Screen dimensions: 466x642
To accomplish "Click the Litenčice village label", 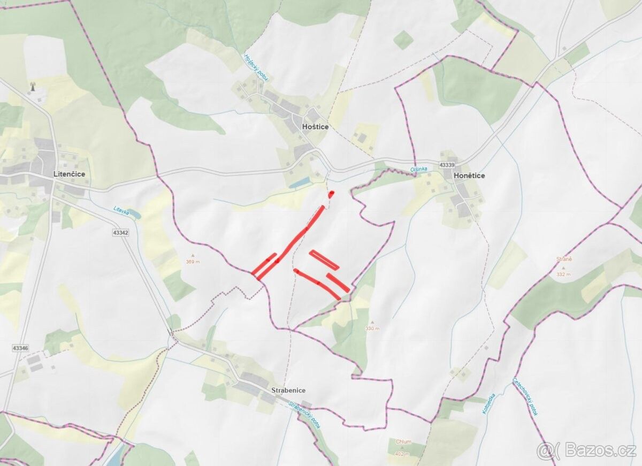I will click(x=69, y=174).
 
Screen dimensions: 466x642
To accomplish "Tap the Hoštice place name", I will click(x=315, y=127).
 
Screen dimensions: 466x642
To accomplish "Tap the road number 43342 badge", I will click(x=120, y=233).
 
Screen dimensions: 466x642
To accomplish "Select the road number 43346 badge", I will click(x=19, y=348).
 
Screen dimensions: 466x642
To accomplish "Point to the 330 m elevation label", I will click(x=372, y=329).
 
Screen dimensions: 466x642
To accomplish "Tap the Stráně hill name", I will click(x=564, y=259).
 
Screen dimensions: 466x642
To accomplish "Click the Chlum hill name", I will click(x=403, y=442).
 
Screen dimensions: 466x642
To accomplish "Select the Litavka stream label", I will click(x=121, y=211).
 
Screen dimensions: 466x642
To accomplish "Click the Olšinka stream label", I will click(x=419, y=169).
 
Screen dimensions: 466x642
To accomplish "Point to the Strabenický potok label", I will click(x=304, y=415).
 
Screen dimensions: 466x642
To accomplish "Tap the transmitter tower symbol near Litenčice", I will click(x=32, y=86).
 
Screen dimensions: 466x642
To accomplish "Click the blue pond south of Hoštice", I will click(x=299, y=182).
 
